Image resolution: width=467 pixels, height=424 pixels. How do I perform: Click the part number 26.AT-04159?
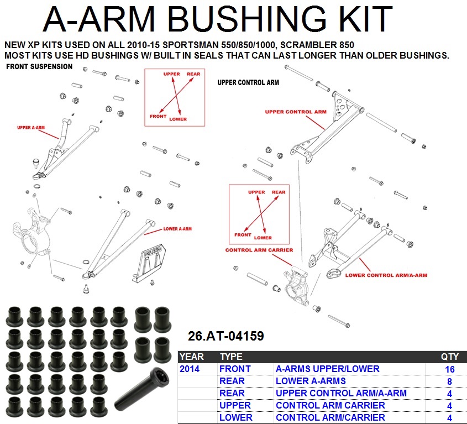(225, 336)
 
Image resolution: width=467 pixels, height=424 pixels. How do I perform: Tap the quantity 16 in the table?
(449, 369)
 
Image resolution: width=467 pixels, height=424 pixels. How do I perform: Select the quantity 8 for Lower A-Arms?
(449, 381)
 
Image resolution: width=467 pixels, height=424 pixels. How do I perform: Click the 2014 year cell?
(190, 369)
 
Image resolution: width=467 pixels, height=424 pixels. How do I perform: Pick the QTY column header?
(450, 357)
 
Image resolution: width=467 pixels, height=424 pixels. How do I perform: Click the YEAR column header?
(192, 357)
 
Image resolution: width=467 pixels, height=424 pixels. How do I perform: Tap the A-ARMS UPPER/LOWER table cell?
(328, 369)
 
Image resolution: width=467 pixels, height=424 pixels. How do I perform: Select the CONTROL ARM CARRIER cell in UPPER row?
(330, 405)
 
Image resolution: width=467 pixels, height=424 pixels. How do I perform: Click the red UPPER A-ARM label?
(31, 128)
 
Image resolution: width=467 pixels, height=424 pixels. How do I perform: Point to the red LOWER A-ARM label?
(177, 229)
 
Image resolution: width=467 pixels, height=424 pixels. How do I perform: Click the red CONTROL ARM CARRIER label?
(259, 250)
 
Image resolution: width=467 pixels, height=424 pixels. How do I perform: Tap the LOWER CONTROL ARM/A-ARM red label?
(386, 275)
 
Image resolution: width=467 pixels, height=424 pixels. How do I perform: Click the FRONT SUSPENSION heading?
(39, 66)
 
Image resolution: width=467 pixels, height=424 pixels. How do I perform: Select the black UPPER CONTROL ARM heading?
(248, 82)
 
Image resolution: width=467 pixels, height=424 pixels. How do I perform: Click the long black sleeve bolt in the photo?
(141, 389)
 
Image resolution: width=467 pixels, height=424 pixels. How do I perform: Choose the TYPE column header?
(231, 357)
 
